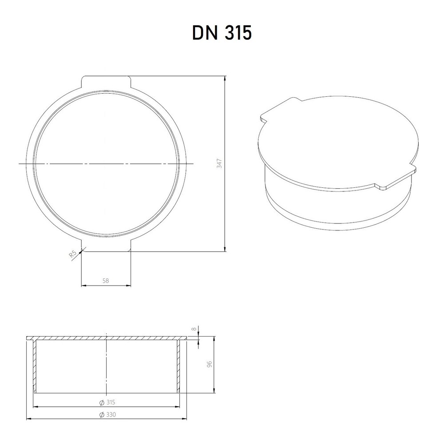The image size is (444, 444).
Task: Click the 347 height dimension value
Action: [x=219, y=163]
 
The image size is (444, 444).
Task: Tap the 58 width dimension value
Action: [x=106, y=280]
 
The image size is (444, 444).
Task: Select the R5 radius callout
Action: [x=73, y=255]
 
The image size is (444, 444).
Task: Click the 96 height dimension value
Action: [x=210, y=365]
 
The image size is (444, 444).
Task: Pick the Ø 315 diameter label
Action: [x=107, y=402]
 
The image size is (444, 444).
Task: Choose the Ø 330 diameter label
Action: [x=107, y=414]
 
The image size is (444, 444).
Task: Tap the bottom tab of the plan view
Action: [x=107, y=247]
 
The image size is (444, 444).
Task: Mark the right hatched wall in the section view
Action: [x=179, y=364]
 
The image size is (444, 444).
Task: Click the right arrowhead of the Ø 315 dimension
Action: [x=178, y=406]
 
